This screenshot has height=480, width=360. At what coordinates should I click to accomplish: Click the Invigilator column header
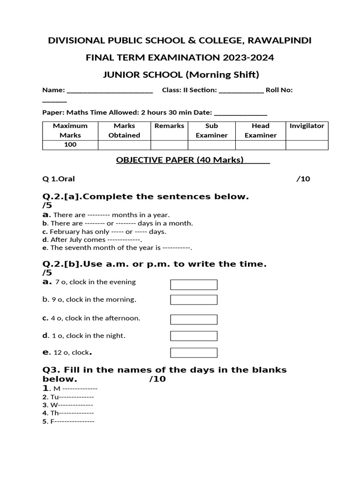tap(307, 126)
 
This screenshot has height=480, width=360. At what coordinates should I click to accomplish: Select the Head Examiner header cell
tap(260, 130)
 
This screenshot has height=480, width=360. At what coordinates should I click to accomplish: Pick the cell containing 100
tap(70, 145)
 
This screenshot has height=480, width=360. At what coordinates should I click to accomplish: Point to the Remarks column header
tap(169, 126)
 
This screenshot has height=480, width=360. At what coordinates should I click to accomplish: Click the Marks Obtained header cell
tap(124, 130)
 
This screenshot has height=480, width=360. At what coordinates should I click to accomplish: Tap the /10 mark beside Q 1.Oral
tap(303, 179)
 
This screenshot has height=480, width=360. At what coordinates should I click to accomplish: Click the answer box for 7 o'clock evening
tap(194, 285)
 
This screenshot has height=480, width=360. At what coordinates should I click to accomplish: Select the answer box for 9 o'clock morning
tap(194, 300)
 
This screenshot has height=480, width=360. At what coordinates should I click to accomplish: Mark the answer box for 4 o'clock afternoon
tap(194, 319)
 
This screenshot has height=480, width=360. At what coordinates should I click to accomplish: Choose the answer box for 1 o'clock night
tap(194, 336)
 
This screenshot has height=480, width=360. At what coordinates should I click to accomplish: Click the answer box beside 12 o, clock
tap(194, 352)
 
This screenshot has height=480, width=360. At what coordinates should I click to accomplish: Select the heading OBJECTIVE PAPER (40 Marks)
tap(180, 160)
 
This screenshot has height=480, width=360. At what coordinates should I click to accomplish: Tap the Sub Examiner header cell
tap(211, 130)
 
